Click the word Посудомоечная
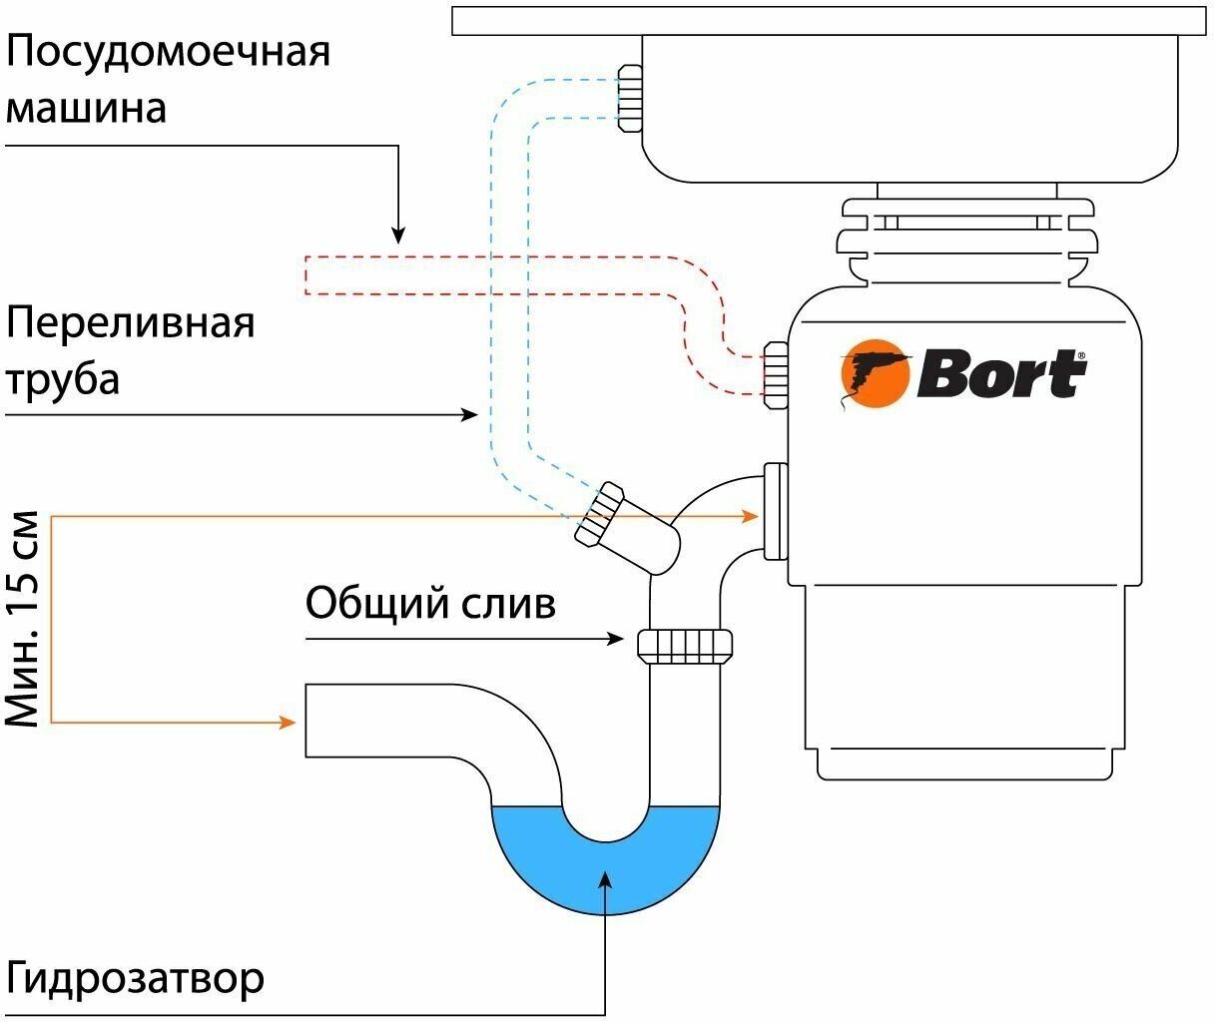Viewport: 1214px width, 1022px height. click(168, 51)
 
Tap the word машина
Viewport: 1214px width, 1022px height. click(86, 107)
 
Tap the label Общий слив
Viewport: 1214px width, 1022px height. click(430, 603)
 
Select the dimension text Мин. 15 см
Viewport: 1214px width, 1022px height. click(23, 619)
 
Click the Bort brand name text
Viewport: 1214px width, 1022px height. click(1000, 374)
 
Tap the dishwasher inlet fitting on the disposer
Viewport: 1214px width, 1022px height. click(776, 374)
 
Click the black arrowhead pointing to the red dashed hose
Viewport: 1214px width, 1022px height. click(398, 236)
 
